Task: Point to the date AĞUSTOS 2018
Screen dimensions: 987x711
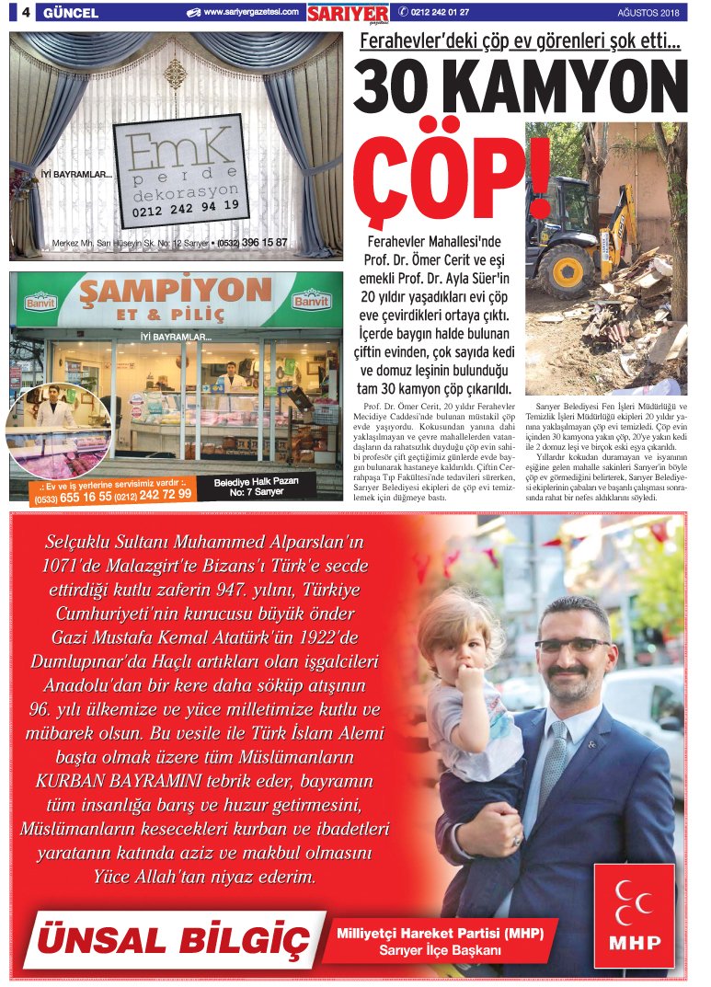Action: pos(648,13)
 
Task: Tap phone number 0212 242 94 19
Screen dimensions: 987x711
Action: pos(186,208)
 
